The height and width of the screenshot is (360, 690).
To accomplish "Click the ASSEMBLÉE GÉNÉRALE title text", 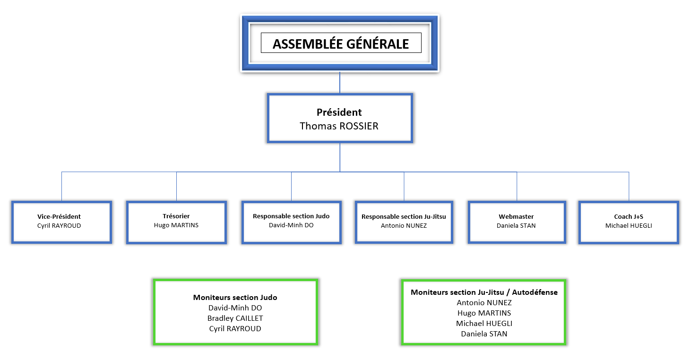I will point(341,44).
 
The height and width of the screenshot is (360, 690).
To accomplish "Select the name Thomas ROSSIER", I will point(339,126).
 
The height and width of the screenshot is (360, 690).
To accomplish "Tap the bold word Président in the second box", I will point(339,112).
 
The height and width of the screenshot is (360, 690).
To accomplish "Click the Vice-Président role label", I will point(59,216).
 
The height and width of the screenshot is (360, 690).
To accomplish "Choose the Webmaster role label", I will point(516,216).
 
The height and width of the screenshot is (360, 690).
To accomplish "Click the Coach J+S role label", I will point(629,216).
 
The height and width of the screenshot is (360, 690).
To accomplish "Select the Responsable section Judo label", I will point(291,216).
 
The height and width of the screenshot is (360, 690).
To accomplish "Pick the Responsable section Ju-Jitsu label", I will point(404,216).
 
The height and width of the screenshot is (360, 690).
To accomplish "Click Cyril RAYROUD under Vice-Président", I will point(59,225).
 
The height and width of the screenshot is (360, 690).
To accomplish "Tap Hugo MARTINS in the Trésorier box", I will point(176,225).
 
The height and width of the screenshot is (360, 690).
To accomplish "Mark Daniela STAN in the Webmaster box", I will point(516,225).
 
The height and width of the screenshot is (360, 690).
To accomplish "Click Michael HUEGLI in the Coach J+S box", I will point(629,225).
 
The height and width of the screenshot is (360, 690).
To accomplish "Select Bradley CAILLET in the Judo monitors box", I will point(235,318).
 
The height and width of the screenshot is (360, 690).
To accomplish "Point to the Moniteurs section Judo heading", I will point(235,297).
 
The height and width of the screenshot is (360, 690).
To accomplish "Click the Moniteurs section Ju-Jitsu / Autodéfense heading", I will point(484,292).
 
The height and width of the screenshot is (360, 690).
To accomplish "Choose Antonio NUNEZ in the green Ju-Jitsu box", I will point(484,302).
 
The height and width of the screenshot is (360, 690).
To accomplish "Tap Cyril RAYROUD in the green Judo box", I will point(235,328).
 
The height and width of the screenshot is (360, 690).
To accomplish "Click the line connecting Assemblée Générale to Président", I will point(340,83).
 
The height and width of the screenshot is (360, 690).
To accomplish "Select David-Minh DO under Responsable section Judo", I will point(291,225).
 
